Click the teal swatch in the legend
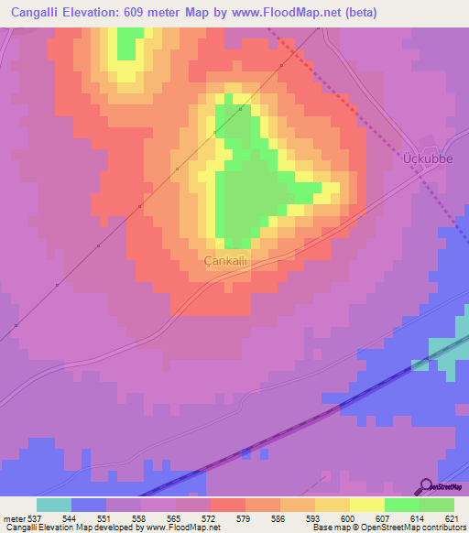(x=54, y=505)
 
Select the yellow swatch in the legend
(x=367, y=505)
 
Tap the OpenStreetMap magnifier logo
(x=425, y=486)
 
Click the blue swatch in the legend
(x=89, y=505)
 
